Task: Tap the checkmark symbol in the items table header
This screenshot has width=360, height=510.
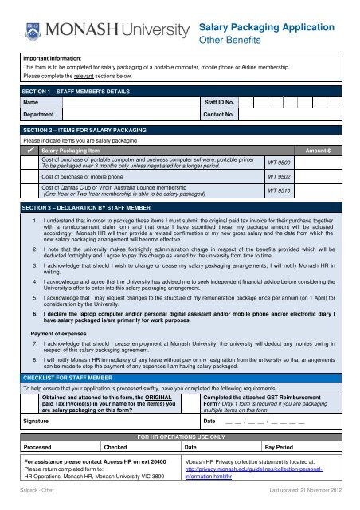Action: click(29, 150)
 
